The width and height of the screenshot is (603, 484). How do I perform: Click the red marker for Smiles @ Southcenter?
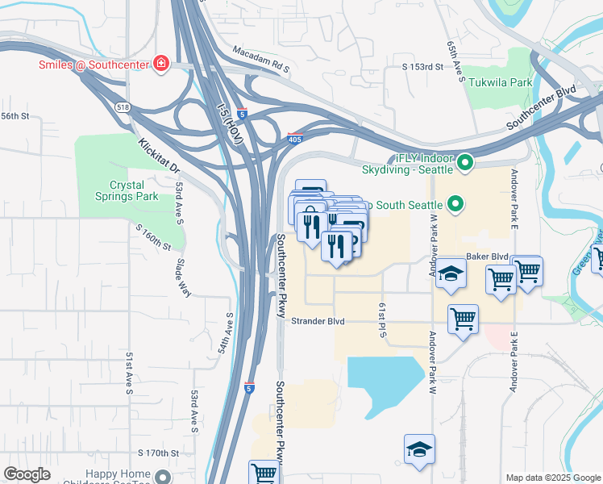click(x=161, y=64)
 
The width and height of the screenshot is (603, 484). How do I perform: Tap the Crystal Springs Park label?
click(x=134, y=190)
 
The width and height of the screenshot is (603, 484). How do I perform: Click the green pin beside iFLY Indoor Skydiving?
click(x=464, y=164)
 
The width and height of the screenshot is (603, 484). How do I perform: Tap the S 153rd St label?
click(x=424, y=66)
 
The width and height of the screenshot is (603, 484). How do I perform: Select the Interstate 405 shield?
click(x=296, y=140)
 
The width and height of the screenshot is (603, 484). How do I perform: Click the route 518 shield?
click(x=123, y=106)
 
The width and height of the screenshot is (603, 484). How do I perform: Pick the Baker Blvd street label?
click(x=487, y=257)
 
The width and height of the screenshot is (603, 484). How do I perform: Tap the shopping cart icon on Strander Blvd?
click(x=463, y=319)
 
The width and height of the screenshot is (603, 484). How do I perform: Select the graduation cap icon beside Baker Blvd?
click(x=452, y=273)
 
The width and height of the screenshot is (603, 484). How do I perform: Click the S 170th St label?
click(x=157, y=453)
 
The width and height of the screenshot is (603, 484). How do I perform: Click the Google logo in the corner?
click(x=27, y=474)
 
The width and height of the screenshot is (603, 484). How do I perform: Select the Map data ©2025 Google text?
click(x=552, y=478)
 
